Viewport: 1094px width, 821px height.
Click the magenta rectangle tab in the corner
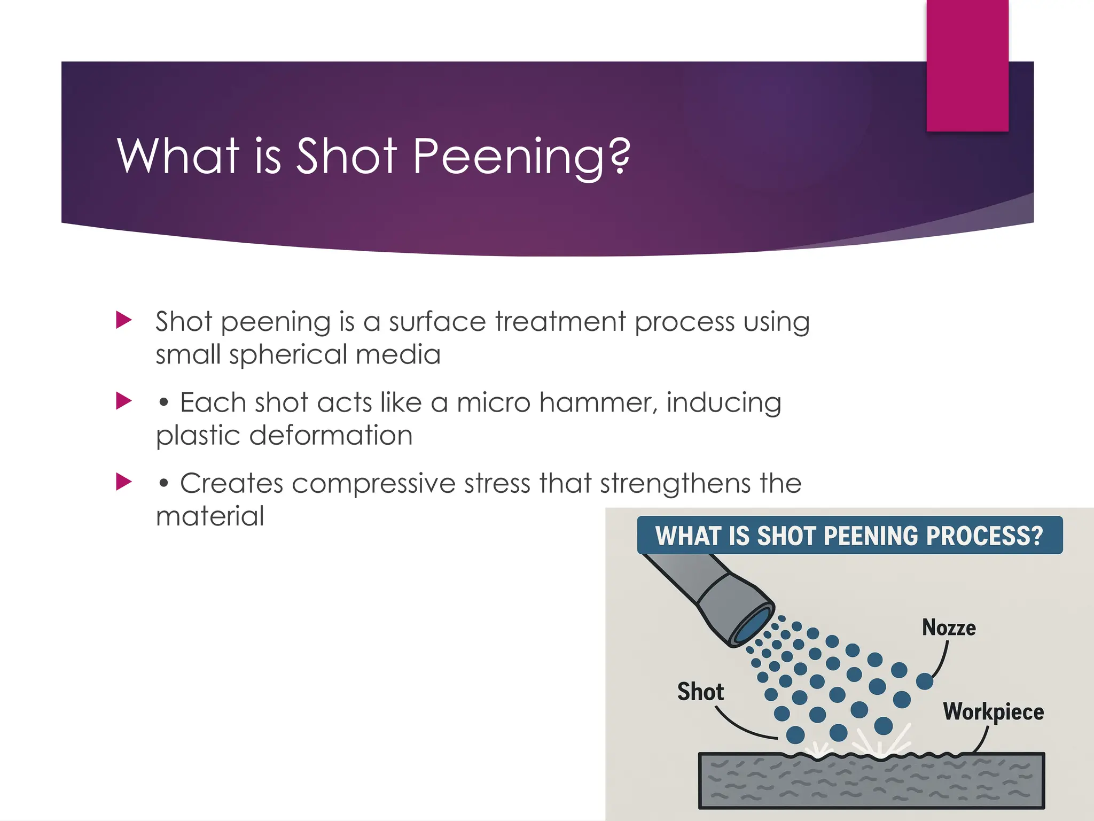tap(967, 65)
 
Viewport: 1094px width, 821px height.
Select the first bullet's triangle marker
tap(124, 320)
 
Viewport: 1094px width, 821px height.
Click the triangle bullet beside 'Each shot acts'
tap(124, 401)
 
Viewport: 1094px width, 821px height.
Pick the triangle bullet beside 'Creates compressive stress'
tap(124, 482)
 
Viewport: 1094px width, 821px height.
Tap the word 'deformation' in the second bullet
tap(331, 435)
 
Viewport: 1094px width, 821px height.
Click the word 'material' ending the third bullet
tap(210, 516)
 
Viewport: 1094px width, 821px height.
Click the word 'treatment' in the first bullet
tap(560, 322)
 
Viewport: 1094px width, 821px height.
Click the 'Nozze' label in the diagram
tap(949, 628)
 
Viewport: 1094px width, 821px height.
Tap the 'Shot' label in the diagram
tap(700, 692)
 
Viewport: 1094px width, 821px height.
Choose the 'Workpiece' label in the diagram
tap(993, 712)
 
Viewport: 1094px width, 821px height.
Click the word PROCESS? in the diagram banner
tap(984, 536)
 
